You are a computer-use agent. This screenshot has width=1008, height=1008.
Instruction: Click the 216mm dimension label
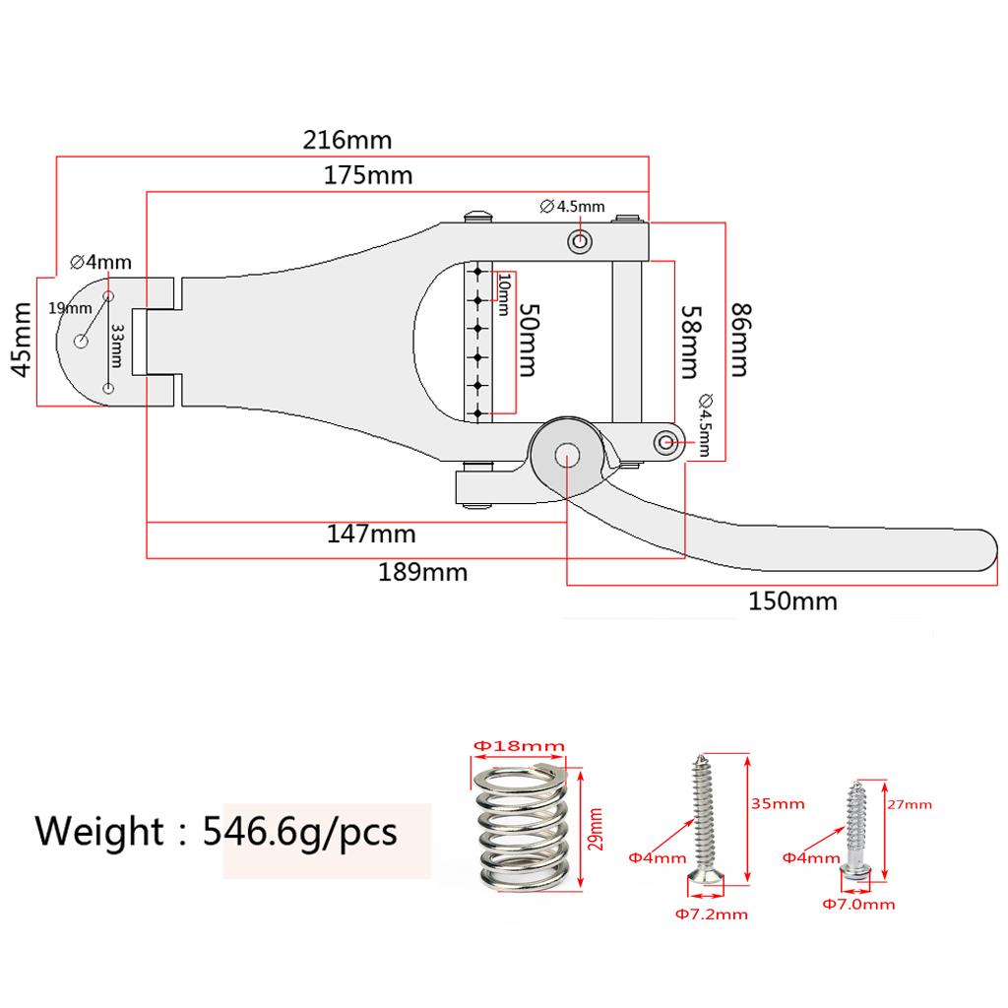(347, 140)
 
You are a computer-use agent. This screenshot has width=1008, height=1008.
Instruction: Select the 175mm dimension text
(368, 175)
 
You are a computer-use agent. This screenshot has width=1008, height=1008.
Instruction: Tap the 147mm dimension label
(371, 535)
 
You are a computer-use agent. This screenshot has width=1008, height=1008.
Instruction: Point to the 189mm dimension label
(423, 572)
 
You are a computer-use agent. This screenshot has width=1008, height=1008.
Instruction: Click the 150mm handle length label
(792, 601)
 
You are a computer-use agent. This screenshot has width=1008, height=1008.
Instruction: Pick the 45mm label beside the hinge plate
(22, 340)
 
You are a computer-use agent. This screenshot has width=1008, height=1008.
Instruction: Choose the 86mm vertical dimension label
(740, 340)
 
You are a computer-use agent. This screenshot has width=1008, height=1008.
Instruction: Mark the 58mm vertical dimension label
(691, 342)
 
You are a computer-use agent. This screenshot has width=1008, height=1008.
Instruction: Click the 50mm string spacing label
(529, 340)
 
